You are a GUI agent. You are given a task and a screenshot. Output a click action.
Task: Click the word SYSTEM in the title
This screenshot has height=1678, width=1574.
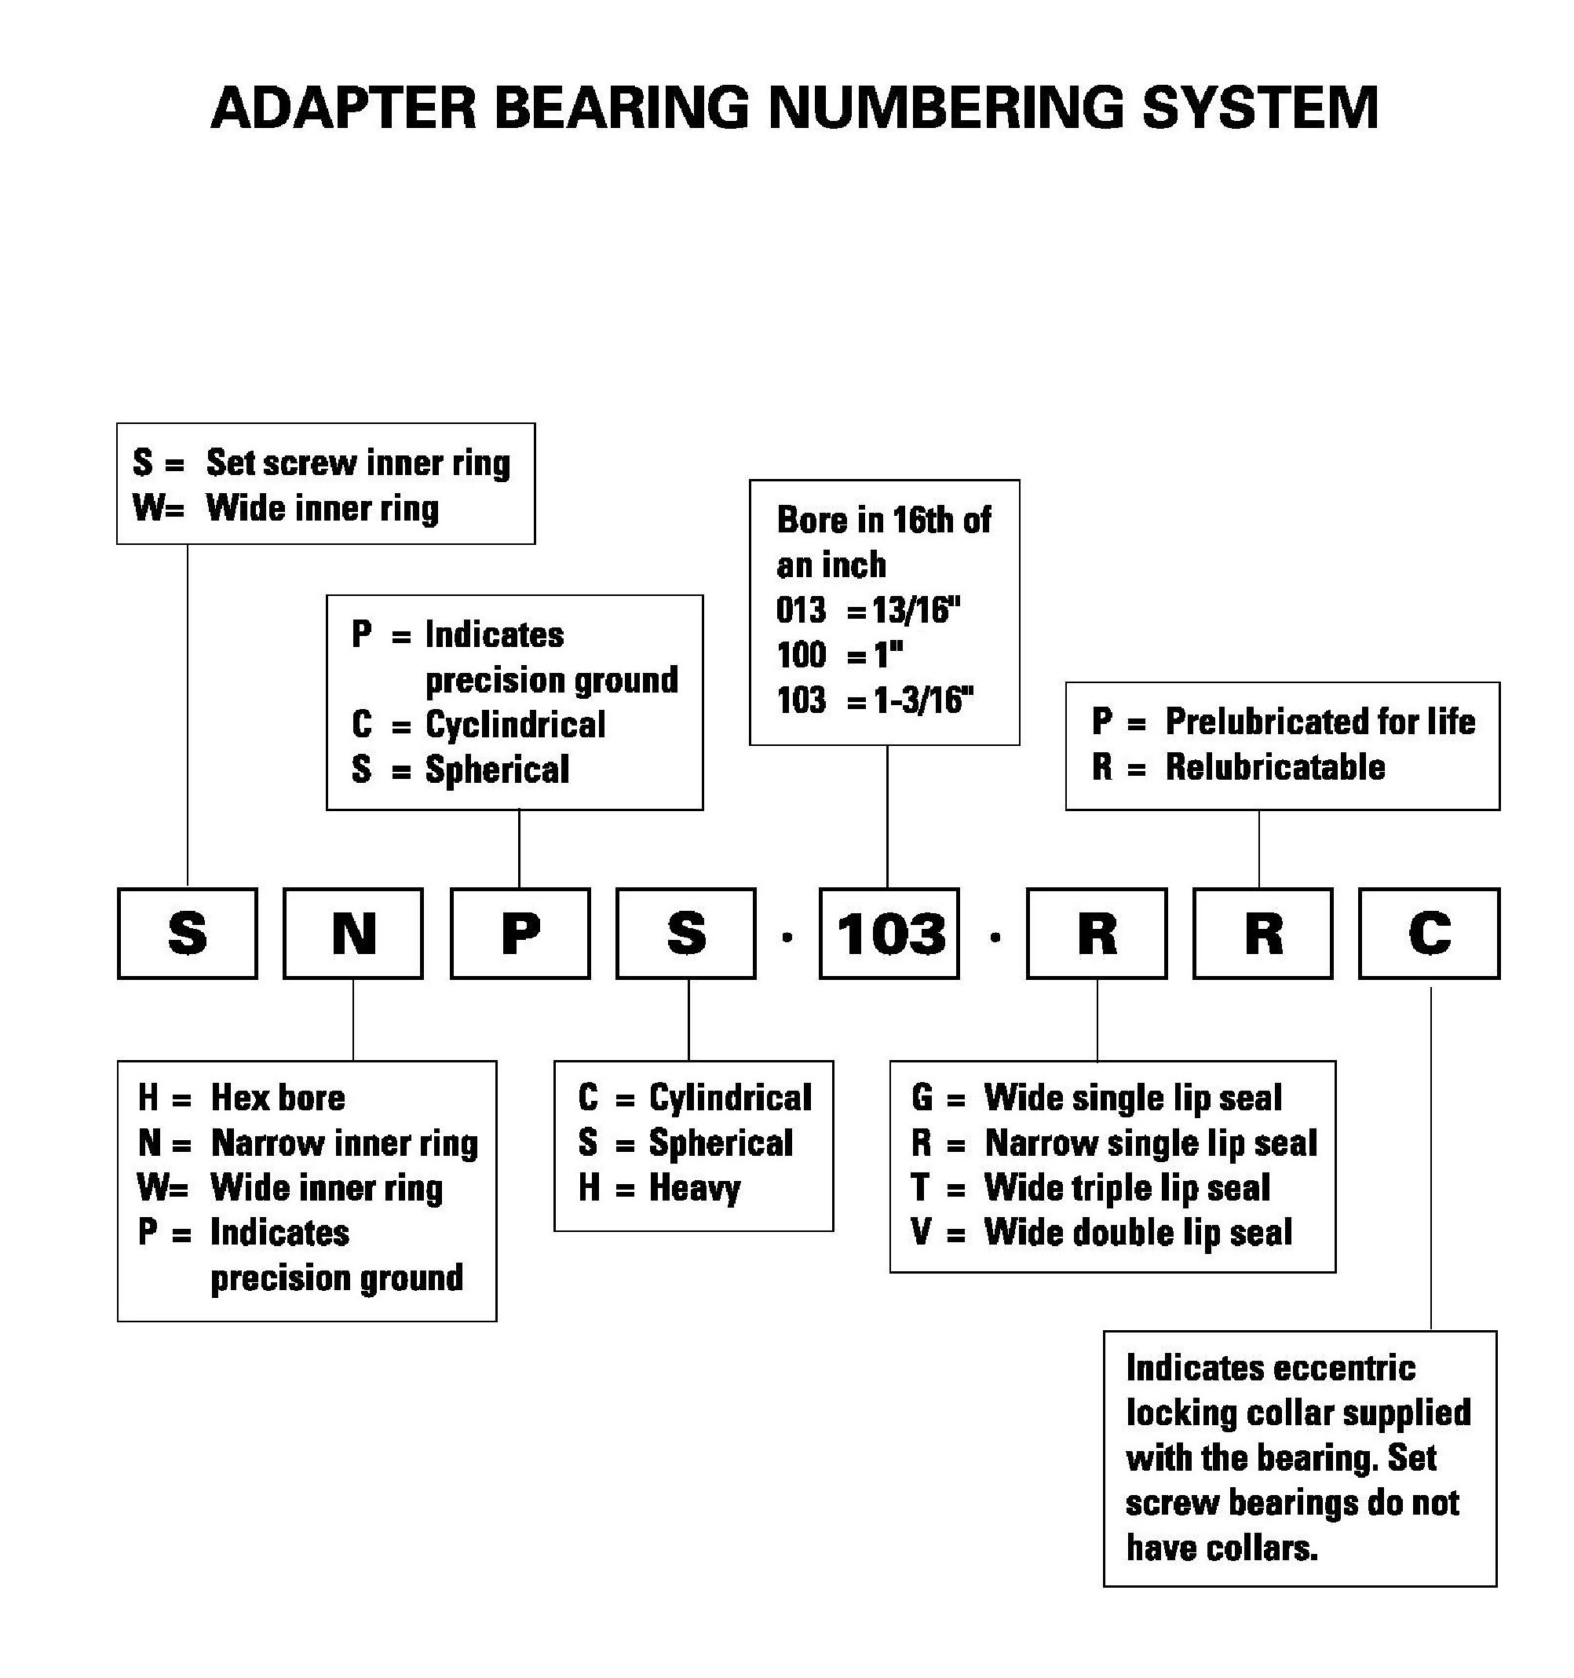pos(1260,108)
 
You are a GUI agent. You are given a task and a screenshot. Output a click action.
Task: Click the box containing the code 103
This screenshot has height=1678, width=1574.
pos(889,934)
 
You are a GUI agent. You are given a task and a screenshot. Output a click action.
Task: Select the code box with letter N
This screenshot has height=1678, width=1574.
pos(352,934)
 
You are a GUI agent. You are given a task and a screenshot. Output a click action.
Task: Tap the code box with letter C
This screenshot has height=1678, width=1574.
pos(1429,934)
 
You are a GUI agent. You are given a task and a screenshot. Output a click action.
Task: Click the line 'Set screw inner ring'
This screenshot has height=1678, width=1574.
pos(358,462)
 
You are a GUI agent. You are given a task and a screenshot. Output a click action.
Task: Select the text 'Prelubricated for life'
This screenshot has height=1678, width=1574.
pos(1320,722)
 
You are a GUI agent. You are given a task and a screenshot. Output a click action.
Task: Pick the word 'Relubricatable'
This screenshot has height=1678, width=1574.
pos(1275,767)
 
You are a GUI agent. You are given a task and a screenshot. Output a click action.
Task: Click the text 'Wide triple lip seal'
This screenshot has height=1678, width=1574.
pos(1127,1187)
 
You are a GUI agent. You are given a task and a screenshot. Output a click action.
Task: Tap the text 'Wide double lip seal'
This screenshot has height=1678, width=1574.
pos(1138,1232)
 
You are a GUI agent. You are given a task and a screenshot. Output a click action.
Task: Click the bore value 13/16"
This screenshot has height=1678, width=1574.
pos(918,609)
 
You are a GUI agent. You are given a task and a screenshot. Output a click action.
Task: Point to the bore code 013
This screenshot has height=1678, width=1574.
pos(801,609)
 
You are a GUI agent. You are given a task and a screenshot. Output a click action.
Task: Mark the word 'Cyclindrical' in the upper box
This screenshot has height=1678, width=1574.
pos(515,725)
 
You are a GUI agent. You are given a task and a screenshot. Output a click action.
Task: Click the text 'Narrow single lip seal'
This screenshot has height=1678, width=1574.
pos(1151,1142)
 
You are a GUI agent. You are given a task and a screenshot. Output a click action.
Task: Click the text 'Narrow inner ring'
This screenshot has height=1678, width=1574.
pos(345,1142)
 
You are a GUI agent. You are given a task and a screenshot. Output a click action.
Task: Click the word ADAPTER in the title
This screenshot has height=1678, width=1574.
pos(345,108)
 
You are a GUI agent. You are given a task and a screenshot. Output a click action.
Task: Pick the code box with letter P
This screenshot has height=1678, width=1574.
pos(520,934)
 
